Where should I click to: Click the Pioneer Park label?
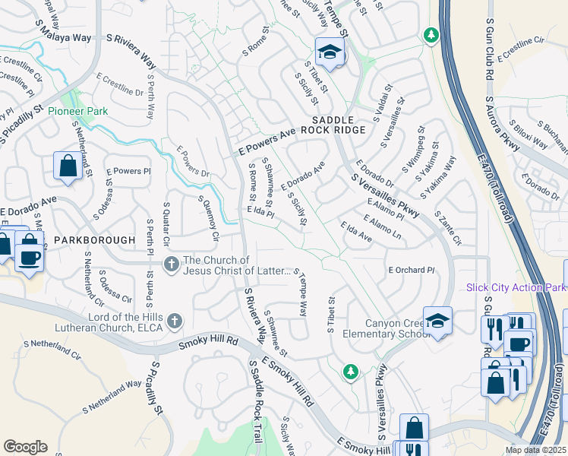coord(77,111)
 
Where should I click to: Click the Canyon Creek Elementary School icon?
coord(437,321)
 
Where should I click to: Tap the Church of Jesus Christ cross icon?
coord(172,264)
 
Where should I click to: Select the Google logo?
coord(26,446)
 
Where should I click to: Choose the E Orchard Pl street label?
coord(411,270)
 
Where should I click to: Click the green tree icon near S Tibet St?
coord(350,371)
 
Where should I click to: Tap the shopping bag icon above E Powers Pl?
coord(68,166)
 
